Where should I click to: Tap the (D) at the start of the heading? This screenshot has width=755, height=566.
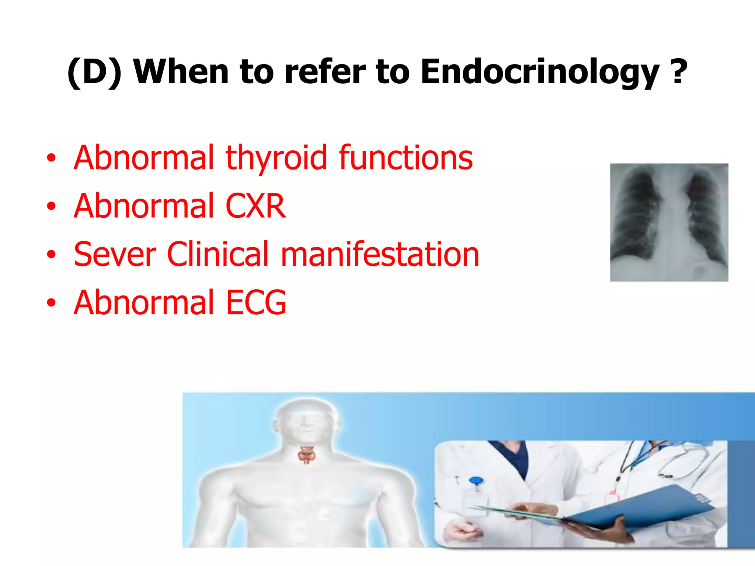(x=94, y=73)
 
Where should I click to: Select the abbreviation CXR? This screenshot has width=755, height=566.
(x=255, y=206)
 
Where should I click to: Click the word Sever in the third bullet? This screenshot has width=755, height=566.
(x=115, y=254)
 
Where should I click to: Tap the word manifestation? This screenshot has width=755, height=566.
(x=380, y=254)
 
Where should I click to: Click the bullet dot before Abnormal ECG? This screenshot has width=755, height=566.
(x=51, y=303)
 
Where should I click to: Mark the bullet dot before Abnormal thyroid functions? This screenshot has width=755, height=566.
(x=51, y=158)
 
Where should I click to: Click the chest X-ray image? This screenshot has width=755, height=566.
(x=669, y=222)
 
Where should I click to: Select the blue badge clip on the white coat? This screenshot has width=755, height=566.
(x=476, y=481)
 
